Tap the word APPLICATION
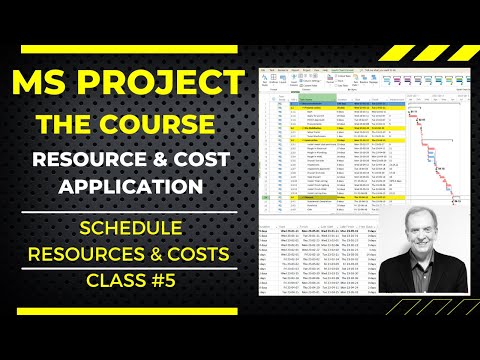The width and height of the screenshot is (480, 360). pos(129,186)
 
